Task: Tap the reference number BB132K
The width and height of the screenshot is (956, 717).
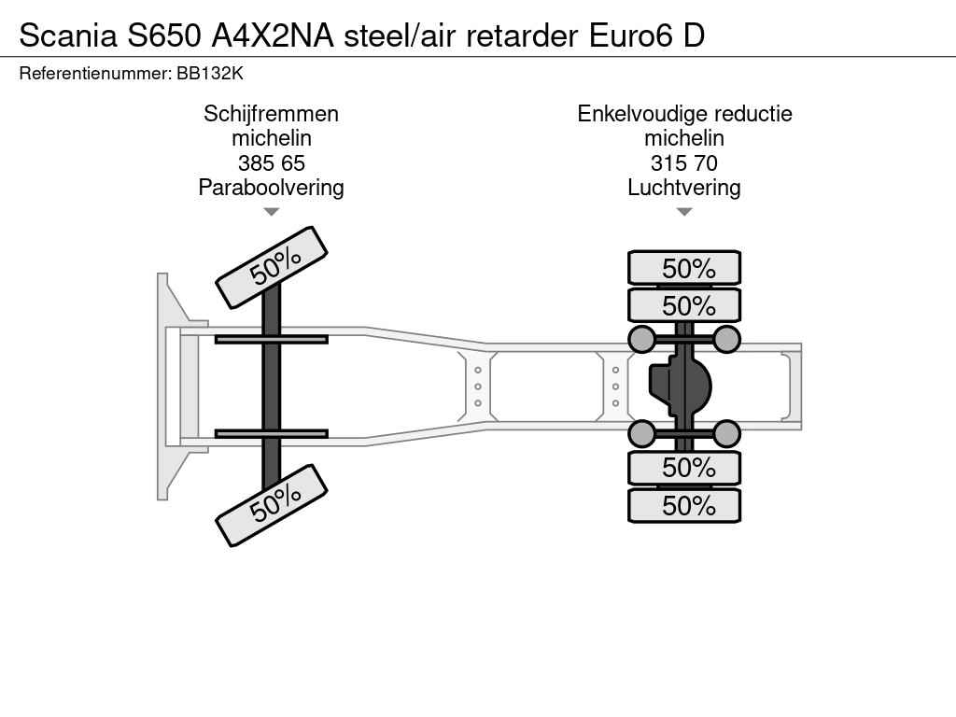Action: click(210, 73)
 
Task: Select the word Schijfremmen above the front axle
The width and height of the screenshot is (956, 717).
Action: click(271, 114)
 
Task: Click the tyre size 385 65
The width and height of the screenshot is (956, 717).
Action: click(271, 162)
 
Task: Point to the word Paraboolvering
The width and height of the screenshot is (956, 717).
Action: click(271, 187)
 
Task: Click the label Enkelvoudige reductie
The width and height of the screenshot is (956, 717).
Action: click(684, 114)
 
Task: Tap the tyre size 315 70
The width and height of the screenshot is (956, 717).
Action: click(684, 162)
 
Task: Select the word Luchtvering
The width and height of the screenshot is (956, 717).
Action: click(684, 187)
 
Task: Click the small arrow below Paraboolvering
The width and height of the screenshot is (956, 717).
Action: click(271, 212)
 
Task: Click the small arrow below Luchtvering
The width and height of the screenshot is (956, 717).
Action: click(684, 212)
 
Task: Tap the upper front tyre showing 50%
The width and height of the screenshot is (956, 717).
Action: click(272, 268)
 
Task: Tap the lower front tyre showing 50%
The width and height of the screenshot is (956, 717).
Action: click(272, 505)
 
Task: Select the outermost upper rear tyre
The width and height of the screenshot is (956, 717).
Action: click(684, 268)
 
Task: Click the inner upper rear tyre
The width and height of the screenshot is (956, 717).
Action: click(684, 305)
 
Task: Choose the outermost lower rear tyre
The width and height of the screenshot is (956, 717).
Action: click(684, 505)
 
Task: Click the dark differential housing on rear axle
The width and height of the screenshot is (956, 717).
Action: click(682, 386)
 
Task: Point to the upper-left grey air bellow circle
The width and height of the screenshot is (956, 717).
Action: click(641, 339)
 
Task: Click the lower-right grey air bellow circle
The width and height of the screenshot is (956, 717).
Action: click(726, 433)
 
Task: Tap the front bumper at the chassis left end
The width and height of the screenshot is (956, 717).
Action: click(165, 386)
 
